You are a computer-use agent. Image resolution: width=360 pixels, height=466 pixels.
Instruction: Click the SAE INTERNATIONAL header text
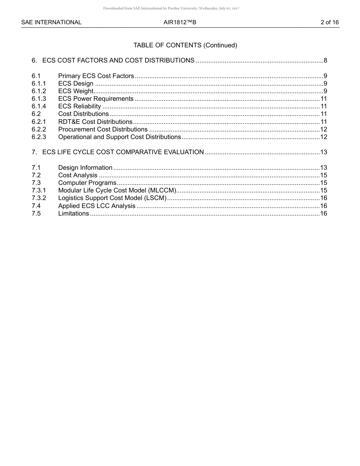pos(51,22)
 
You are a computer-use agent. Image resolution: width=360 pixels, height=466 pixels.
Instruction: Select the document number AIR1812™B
pos(180,22)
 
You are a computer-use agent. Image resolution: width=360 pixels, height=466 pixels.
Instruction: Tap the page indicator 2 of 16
pos(329,22)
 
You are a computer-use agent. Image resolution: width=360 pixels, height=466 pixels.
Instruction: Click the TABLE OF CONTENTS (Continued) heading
pos(185,45)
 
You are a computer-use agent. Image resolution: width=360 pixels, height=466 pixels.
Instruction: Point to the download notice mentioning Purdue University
pos(171,8)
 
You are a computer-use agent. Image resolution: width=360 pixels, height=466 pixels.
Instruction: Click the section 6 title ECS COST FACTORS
pos(118,61)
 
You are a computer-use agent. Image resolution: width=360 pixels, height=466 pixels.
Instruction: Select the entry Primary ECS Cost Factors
pos(96,76)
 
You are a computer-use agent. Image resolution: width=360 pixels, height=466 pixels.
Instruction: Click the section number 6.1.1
pos(39,84)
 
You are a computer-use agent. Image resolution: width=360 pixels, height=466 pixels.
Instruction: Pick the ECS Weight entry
pos(75,91)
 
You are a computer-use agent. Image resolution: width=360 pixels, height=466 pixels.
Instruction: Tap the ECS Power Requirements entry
pos(96,99)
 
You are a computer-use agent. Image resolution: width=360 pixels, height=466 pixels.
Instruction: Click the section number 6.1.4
pos(39,106)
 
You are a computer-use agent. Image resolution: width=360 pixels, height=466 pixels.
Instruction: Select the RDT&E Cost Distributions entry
pos(95,122)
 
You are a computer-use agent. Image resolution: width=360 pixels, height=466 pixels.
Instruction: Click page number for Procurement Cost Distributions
pos(323,130)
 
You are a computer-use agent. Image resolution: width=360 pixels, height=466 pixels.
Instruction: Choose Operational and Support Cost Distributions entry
pos(119,137)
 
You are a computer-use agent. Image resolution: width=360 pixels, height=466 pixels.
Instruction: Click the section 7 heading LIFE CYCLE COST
pos(123,152)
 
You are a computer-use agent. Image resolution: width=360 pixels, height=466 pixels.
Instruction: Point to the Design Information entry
pos(85,168)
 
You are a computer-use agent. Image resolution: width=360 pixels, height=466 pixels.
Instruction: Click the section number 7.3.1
pos(39,191)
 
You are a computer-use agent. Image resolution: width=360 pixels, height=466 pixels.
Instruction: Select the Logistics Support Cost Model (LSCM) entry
pos(112,198)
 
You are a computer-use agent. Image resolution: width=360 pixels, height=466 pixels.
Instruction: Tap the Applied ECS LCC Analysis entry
pos(97,206)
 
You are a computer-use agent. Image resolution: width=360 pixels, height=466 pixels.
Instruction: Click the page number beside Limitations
pos(323,214)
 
